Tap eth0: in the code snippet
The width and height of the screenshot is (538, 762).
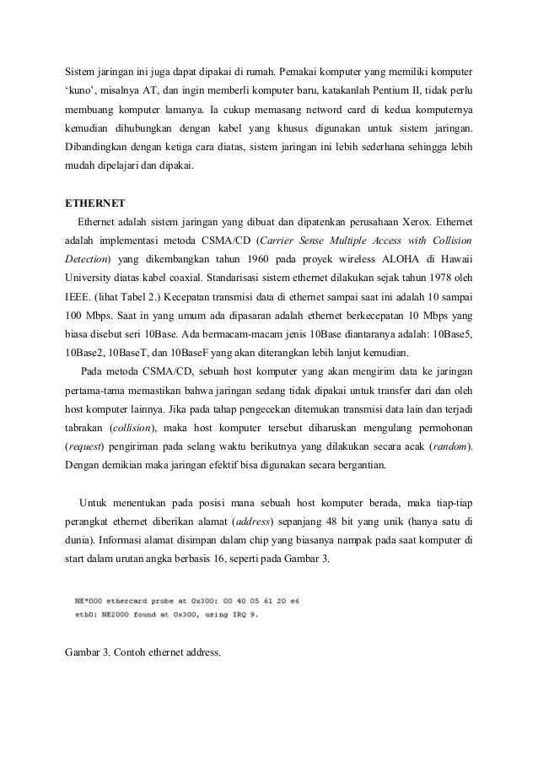coord(83,614)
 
